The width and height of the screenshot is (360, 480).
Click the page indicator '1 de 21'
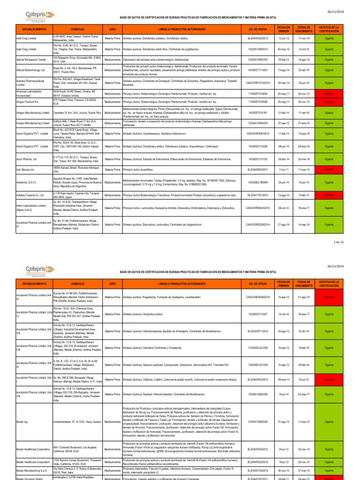[338, 242]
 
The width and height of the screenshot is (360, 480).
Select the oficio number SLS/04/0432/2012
[258, 37]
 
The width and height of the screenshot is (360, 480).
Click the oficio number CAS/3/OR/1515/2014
[258, 82]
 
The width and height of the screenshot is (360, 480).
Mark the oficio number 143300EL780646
[258, 182]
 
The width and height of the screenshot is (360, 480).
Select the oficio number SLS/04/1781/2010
[258, 195]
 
